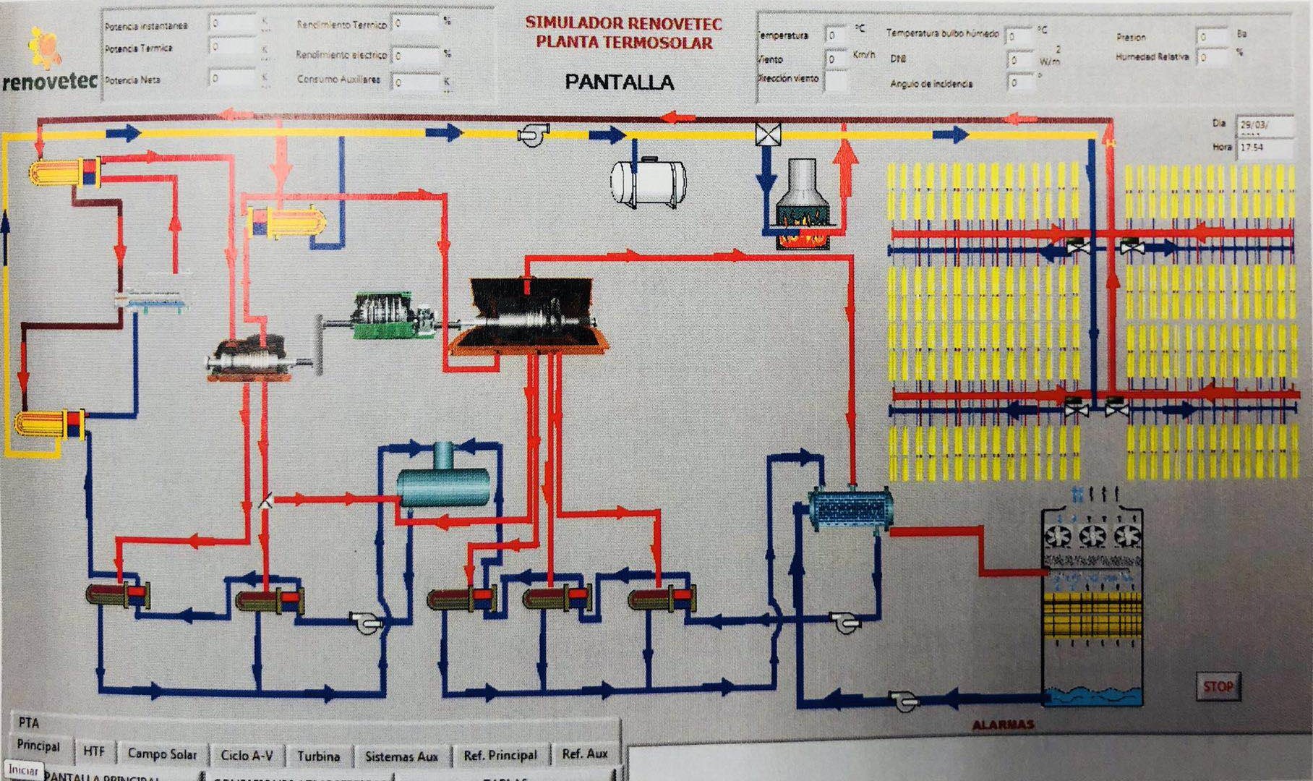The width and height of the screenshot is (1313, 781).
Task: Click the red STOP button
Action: click(1218, 686)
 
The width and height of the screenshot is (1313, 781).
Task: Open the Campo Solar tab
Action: click(162, 754)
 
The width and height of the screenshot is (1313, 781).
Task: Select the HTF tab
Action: click(94, 751)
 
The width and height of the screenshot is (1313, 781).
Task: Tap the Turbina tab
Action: click(318, 756)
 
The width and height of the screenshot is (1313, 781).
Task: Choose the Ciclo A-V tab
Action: click(247, 755)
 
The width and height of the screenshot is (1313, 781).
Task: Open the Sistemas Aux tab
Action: click(401, 756)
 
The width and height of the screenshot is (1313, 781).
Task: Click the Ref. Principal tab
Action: click(500, 756)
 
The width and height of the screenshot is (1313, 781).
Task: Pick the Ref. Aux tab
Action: click(585, 754)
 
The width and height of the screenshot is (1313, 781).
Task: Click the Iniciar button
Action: click(23, 770)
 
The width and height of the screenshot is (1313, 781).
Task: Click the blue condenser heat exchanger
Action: click(850, 508)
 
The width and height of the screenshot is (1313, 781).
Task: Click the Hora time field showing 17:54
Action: click(1264, 148)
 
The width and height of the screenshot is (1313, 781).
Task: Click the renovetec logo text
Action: click(49, 82)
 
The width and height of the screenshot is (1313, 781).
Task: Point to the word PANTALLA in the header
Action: click(619, 82)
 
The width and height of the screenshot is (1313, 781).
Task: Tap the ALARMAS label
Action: click(1003, 725)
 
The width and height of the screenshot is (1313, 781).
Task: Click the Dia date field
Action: click(1264, 125)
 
